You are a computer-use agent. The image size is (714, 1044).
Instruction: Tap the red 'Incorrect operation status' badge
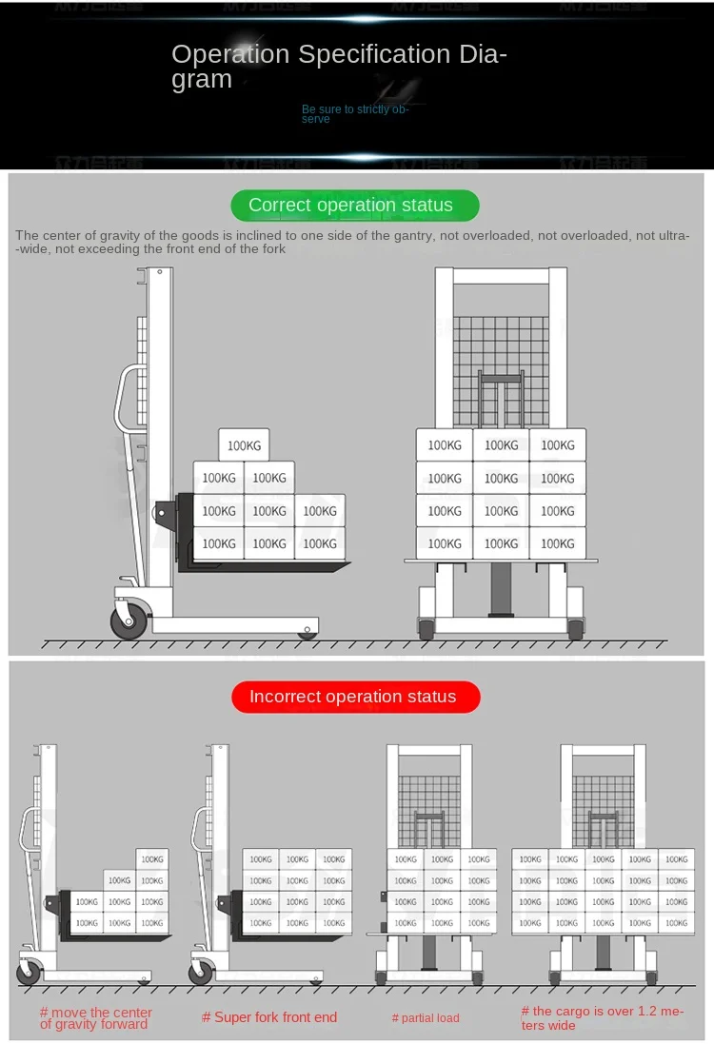click(354, 697)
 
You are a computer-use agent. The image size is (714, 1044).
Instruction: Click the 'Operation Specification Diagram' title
click(339, 67)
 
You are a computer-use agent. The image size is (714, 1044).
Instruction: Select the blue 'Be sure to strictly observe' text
click(354, 114)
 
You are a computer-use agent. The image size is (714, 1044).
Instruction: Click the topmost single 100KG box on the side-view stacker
click(244, 445)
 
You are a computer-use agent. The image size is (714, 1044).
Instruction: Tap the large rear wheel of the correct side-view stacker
click(129, 621)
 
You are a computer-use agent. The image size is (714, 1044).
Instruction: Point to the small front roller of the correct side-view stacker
click(307, 633)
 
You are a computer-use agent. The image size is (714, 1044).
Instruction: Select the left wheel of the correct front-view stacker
click(426, 629)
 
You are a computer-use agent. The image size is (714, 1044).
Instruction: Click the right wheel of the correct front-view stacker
click(575, 629)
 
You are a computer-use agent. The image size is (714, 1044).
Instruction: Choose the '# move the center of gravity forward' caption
click(95, 1018)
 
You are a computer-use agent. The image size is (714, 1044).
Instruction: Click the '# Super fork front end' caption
click(269, 1017)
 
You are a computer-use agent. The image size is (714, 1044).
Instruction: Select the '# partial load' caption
click(426, 1018)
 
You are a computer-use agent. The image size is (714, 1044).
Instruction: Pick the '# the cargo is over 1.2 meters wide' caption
click(602, 1018)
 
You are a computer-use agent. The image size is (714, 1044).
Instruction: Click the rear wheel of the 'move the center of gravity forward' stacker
click(30, 973)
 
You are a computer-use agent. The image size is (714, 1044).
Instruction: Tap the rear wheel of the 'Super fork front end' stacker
click(201, 973)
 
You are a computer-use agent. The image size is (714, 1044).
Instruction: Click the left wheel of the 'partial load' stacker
click(382, 977)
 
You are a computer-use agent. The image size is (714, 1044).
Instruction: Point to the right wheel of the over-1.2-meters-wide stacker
click(651, 977)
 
